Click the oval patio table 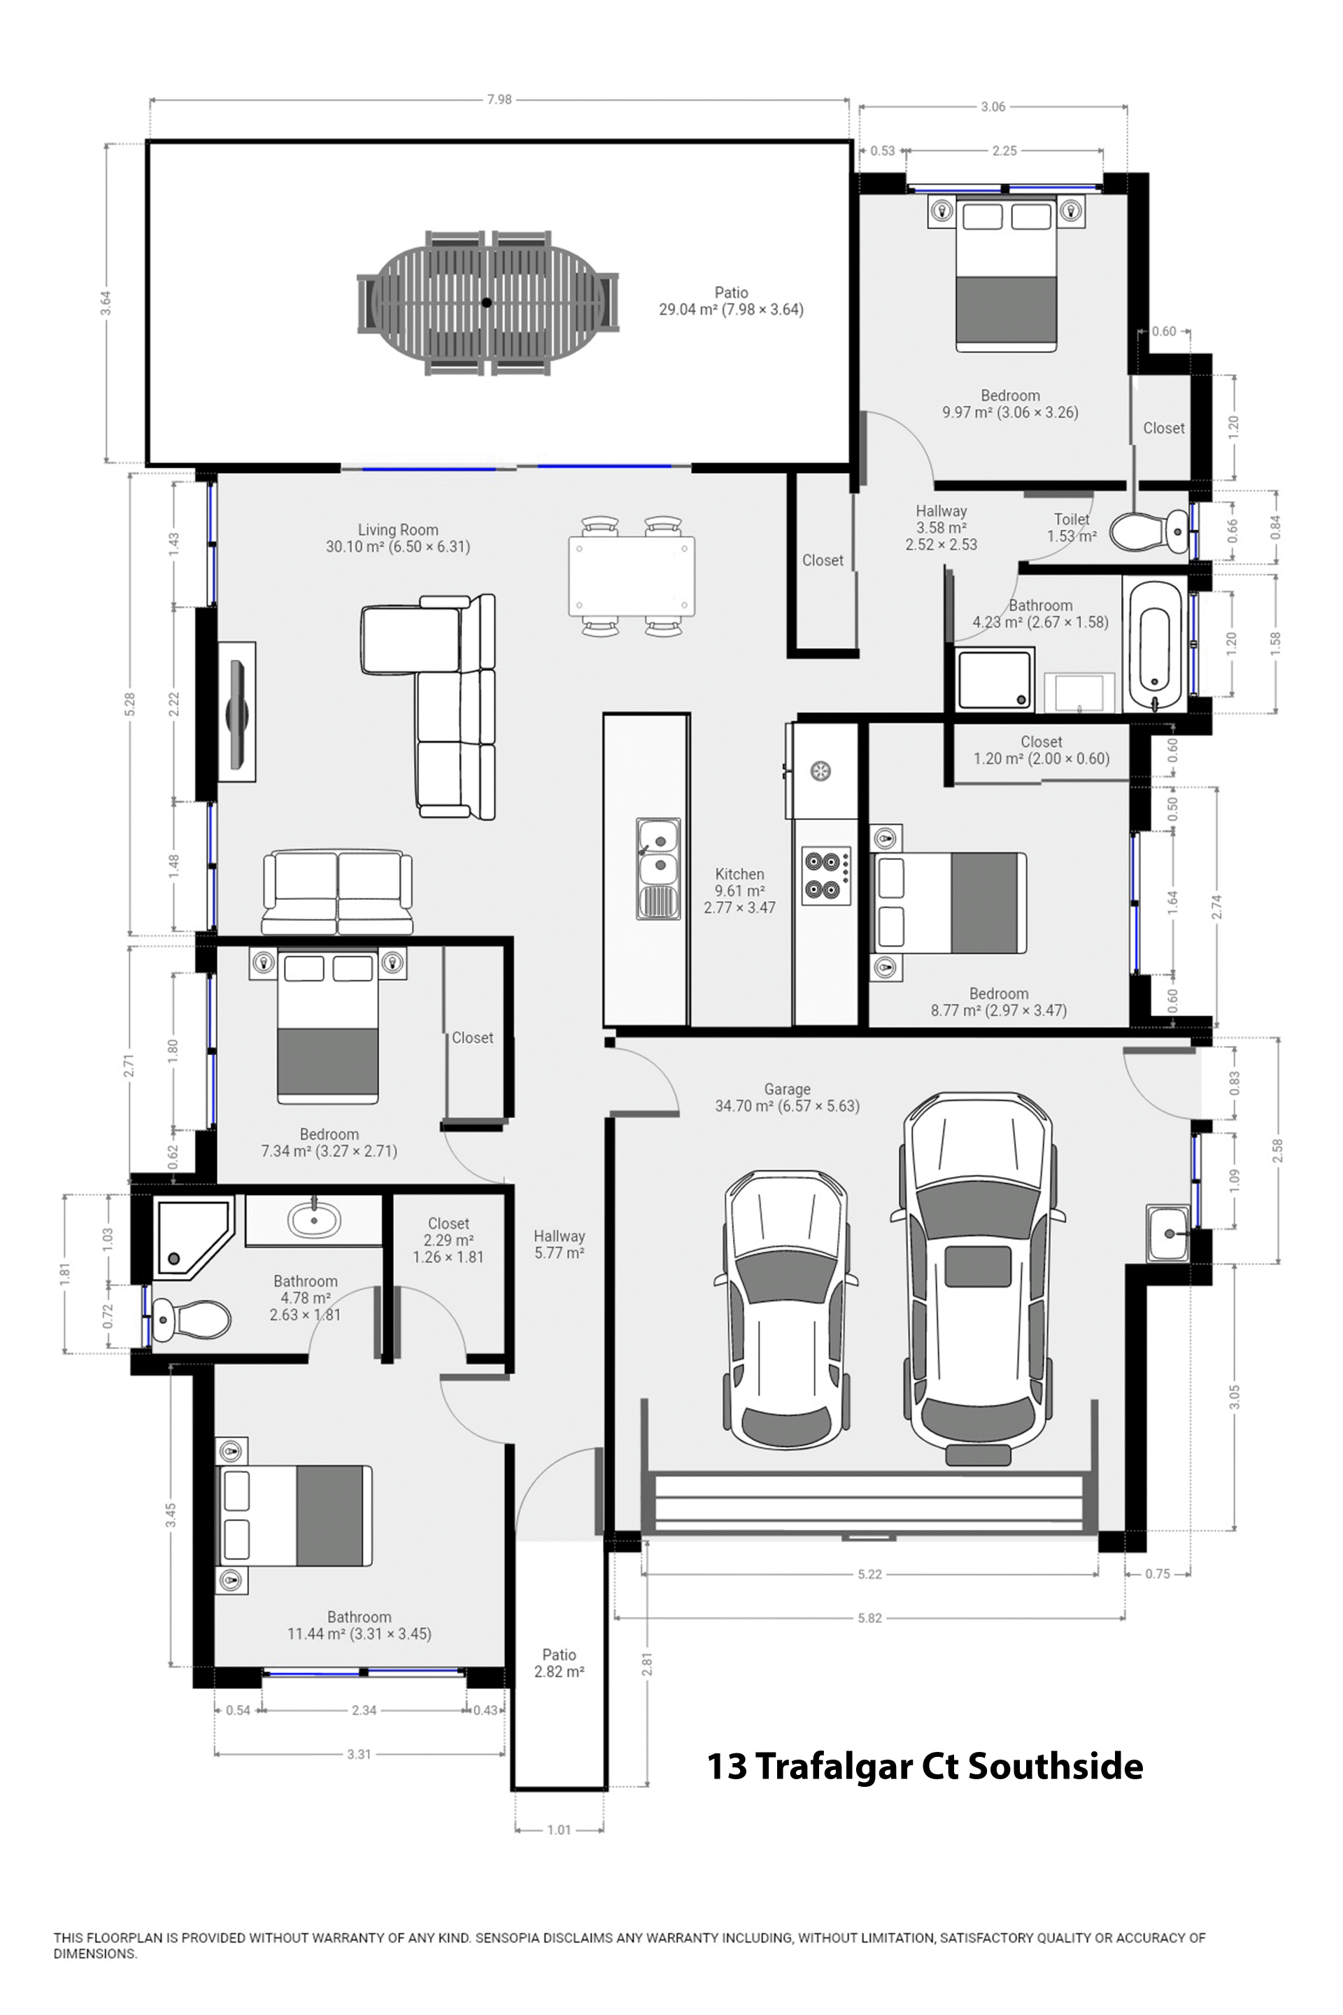click(x=487, y=302)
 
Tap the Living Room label click(x=397, y=530)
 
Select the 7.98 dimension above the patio click(x=499, y=99)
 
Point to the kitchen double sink click(x=658, y=868)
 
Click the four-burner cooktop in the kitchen click(x=827, y=875)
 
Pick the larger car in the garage click(x=977, y=1276)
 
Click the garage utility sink click(x=1168, y=1233)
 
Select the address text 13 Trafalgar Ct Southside click(x=924, y=1767)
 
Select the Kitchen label click(x=739, y=874)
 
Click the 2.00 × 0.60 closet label click(x=1041, y=758)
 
